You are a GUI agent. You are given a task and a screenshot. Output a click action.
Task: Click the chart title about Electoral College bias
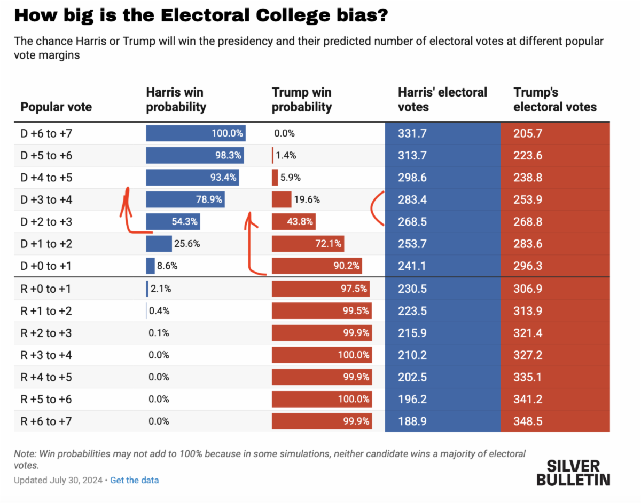click(x=200, y=16)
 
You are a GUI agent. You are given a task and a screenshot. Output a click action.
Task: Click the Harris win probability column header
click(x=176, y=100)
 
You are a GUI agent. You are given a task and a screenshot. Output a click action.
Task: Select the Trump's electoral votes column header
click(x=555, y=100)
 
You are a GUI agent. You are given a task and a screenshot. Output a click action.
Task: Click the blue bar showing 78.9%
click(x=185, y=200)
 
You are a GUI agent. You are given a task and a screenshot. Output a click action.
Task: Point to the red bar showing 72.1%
click(x=307, y=244)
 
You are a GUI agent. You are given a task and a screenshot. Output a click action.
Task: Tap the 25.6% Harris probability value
click(x=187, y=244)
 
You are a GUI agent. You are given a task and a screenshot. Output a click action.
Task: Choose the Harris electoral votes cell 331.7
click(x=412, y=133)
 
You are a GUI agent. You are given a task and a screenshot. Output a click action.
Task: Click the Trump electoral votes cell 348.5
click(x=528, y=421)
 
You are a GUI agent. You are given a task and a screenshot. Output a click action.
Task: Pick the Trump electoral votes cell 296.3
click(x=528, y=266)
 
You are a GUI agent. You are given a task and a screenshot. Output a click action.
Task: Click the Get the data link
click(x=135, y=480)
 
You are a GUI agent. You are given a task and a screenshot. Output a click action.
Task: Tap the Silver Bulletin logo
click(x=573, y=472)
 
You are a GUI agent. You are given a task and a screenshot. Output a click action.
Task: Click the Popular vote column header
click(x=56, y=107)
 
